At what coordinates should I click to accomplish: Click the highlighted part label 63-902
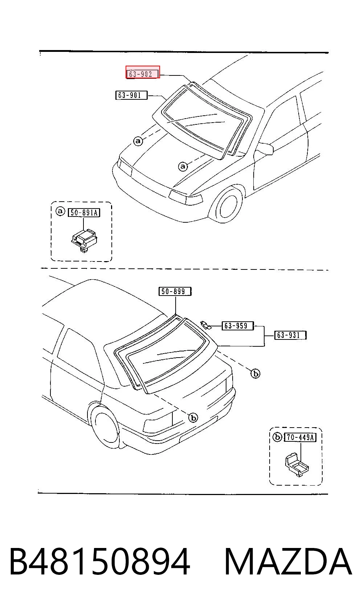pos(143,72)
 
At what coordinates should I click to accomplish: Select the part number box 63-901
pos(131,95)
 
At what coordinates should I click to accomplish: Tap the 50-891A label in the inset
pos(84,213)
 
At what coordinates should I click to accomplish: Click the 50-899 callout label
pos(175,291)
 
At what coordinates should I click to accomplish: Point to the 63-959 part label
pos(238,326)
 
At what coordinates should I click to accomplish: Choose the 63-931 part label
pos(290,335)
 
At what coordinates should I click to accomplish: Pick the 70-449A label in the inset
pos(300,437)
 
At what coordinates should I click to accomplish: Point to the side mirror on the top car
pos(265,148)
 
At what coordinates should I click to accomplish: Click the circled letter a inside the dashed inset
pos(60,211)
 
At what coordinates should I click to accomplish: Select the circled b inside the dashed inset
pos(277,437)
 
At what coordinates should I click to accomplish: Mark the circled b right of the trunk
pos(255,373)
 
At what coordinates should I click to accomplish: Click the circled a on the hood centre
pos(183,166)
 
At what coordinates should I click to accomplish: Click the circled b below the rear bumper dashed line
pos(193,417)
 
